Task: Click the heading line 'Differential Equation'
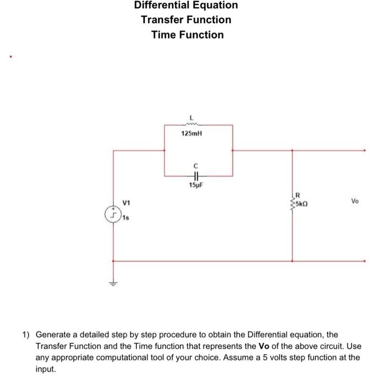[186, 6]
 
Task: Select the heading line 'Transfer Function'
[186, 20]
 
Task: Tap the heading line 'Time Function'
[187, 35]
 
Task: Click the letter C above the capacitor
[195, 166]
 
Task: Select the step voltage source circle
[113, 214]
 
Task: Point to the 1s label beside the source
[126, 219]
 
